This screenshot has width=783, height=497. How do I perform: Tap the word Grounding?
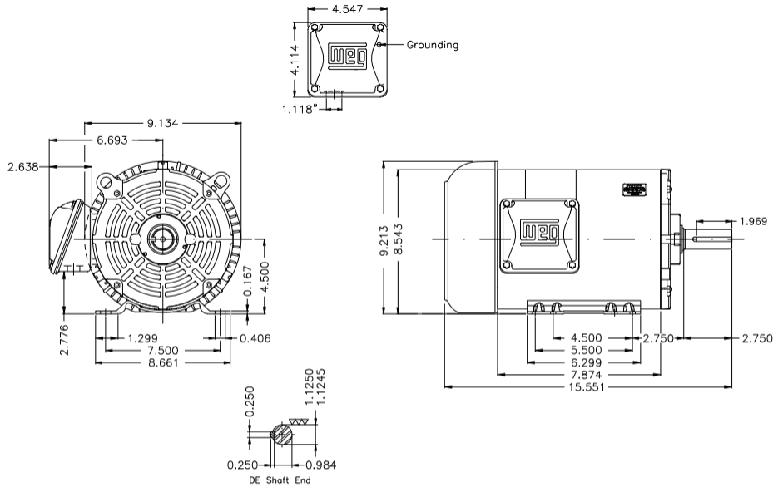point(432,45)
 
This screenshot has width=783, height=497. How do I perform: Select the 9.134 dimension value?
point(163,124)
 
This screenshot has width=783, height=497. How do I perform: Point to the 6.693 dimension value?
point(112,140)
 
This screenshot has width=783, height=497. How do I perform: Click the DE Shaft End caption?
point(280,481)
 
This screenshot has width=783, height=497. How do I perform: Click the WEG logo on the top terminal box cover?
point(346,56)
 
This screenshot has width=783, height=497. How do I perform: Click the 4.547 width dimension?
point(346,10)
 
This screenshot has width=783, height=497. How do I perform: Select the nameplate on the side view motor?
point(634,189)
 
